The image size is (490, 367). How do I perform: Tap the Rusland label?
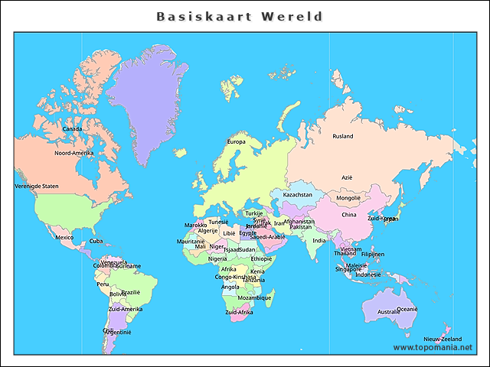pos(342,136)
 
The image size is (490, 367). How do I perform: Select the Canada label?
pos(72,128)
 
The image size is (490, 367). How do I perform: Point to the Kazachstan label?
pos(298,194)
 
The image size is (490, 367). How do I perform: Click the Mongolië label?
pos(348,198)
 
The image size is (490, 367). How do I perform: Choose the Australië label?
pos(388,311)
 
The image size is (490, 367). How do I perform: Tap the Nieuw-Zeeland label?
pos(443,338)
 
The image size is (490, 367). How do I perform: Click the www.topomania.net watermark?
pos(433,347)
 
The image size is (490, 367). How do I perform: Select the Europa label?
pos(236,141)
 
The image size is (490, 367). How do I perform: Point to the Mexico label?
pos(64,237)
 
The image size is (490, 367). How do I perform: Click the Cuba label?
pos(96,241)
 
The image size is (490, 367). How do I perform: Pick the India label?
pos(319,241)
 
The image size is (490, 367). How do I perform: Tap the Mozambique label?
pos(254,297)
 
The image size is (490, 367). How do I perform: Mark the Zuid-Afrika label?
pos(239,312)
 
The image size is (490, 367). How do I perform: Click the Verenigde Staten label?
pos(37,186)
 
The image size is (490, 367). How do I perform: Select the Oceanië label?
pos(407,309)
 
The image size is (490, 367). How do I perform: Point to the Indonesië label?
pos(368,274)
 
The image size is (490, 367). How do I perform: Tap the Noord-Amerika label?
pos(73,153)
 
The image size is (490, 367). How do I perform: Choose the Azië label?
pos(347,177)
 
